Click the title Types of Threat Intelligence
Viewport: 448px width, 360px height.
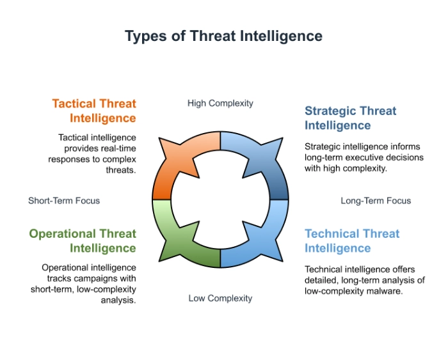point(223,36)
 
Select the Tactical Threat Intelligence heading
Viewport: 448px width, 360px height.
point(94,111)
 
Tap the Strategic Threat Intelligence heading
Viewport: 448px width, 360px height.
point(350,118)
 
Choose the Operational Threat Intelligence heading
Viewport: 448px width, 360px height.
point(83,241)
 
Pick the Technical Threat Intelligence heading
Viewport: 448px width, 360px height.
point(351,241)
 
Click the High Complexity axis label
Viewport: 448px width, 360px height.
point(220,103)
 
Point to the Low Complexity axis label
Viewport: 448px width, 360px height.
point(220,298)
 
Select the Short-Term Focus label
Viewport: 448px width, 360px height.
point(64,201)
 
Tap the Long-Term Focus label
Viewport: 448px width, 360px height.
point(376,201)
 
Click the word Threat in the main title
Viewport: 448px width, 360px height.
point(213,36)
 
